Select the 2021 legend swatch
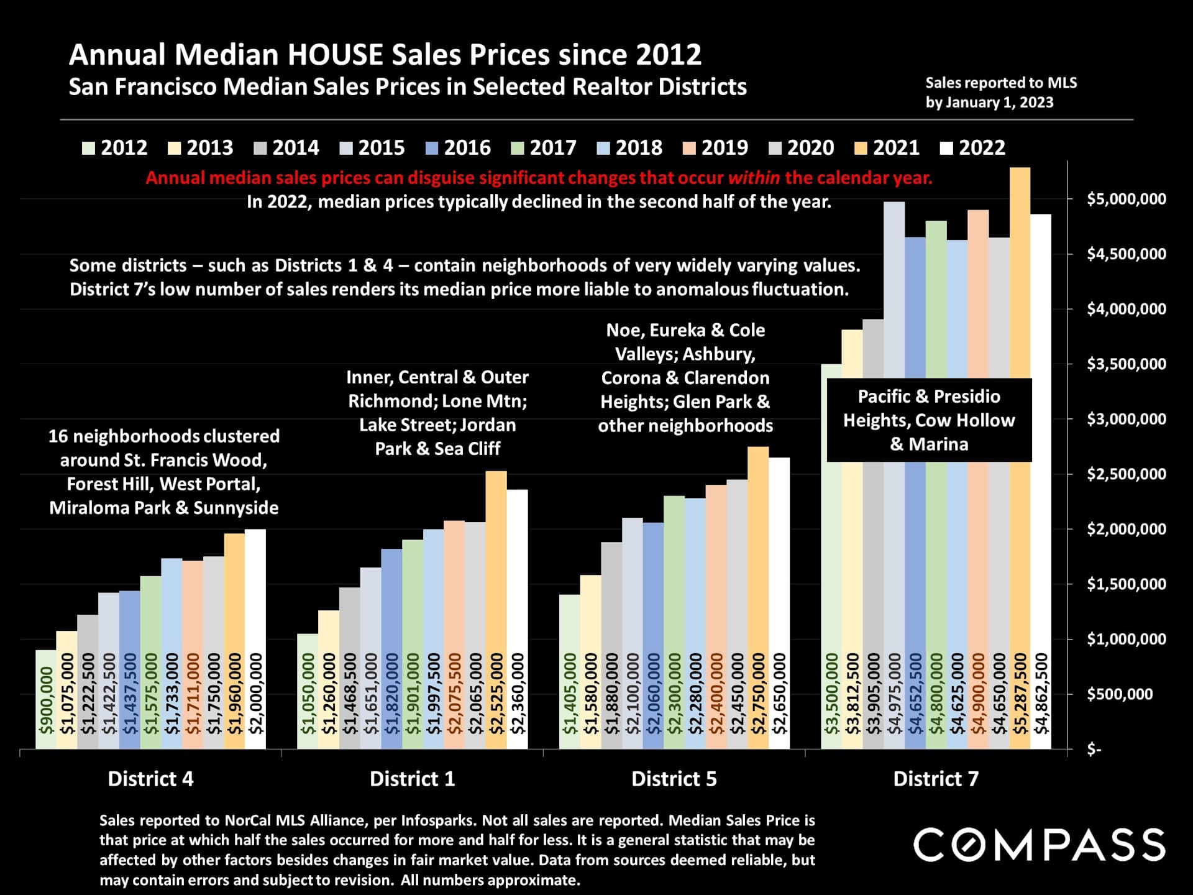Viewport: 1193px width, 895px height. tap(860, 149)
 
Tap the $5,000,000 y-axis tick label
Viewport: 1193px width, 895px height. tap(1126, 199)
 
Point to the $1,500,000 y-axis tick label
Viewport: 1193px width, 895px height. tap(1126, 584)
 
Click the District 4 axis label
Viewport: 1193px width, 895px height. tap(150, 779)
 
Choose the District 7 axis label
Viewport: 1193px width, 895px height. tap(936, 779)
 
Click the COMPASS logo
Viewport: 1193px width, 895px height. tap(1039, 845)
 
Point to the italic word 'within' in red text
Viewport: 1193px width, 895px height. tap(753, 178)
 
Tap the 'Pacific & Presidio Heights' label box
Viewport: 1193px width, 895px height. tap(929, 420)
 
